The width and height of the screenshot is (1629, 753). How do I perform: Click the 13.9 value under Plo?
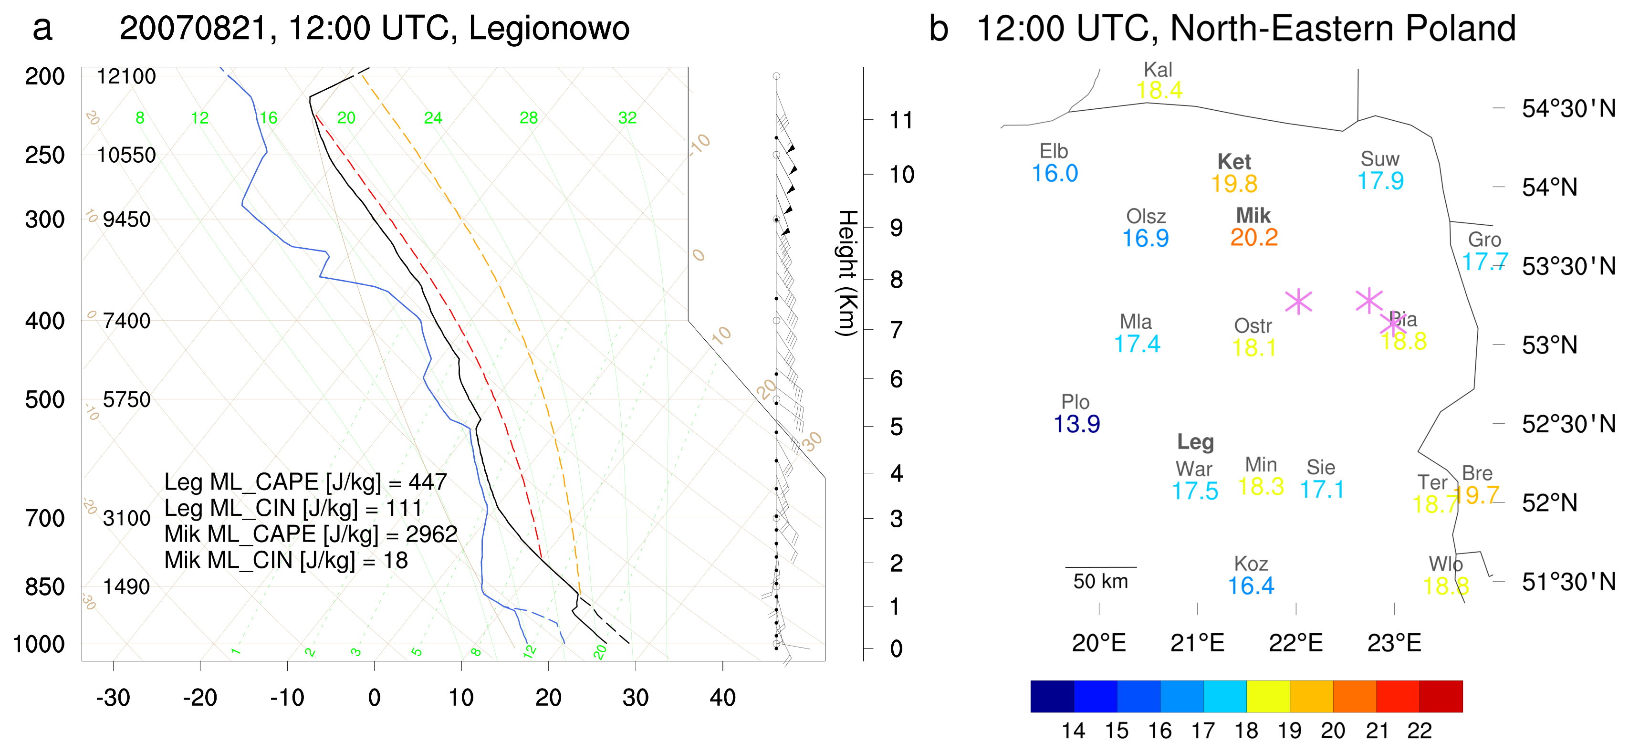pos(1076,424)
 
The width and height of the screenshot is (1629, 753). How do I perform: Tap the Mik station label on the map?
pos(1253,216)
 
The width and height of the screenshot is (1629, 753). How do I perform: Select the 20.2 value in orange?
pos(1254,238)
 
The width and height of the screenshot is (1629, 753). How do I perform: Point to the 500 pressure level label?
pos(44,399)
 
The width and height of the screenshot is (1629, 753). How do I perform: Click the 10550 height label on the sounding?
pos(126,155)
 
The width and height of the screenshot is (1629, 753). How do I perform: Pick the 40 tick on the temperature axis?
pos(722,697)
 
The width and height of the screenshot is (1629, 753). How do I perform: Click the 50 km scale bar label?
pos(1100,581)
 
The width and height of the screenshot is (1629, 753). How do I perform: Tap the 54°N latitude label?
pos(1549,187)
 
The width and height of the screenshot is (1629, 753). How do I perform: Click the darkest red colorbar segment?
pos(1441,696)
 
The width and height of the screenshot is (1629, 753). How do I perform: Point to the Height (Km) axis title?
pos(847,272)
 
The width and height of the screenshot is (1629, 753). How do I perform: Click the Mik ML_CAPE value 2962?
pos(431,534)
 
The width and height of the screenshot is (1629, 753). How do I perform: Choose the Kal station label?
pos(1158,70)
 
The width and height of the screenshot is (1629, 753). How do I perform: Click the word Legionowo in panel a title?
pos(549,29)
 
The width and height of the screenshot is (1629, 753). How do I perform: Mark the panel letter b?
pos(939,29)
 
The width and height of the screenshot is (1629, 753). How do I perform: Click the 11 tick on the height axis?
pos(901,120)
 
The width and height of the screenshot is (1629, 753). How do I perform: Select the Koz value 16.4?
pos(1250,586)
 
